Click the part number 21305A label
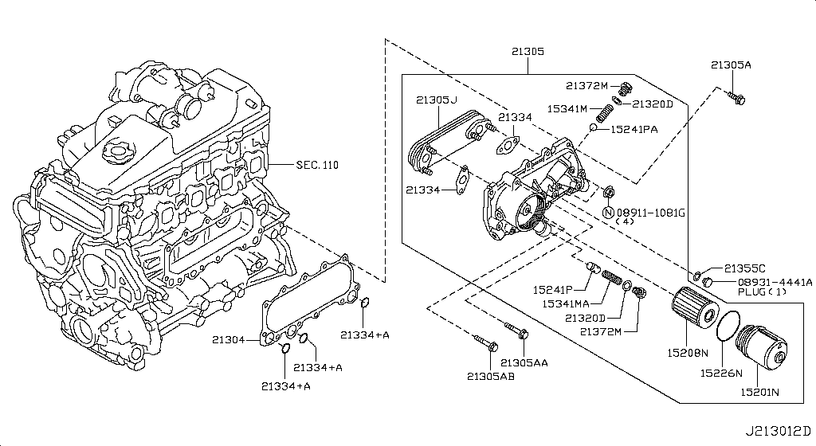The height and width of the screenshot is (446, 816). tap(731, 65)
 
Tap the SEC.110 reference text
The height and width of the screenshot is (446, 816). tap(316, 165)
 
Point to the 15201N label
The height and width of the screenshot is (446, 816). tap(760, 392)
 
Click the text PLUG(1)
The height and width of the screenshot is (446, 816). tap(762, 292)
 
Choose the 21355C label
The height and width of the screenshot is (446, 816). tap(744, 268)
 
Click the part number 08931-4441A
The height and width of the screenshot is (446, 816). tap(775, 281)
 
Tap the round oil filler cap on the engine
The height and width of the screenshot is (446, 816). tap(120, 150)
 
